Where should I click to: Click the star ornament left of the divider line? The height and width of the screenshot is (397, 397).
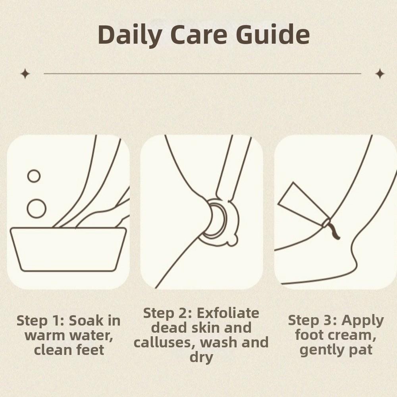coord(25,73)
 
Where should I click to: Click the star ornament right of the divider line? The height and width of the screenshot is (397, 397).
coord(380,73)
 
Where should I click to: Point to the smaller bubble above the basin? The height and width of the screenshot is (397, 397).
coord(34,176)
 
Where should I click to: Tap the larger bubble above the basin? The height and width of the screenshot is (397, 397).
coord(37,208)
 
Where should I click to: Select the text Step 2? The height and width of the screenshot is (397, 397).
coord(167,313)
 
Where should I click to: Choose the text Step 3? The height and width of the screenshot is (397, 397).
coord(312,320)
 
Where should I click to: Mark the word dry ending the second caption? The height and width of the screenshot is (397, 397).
coord(201,357)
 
